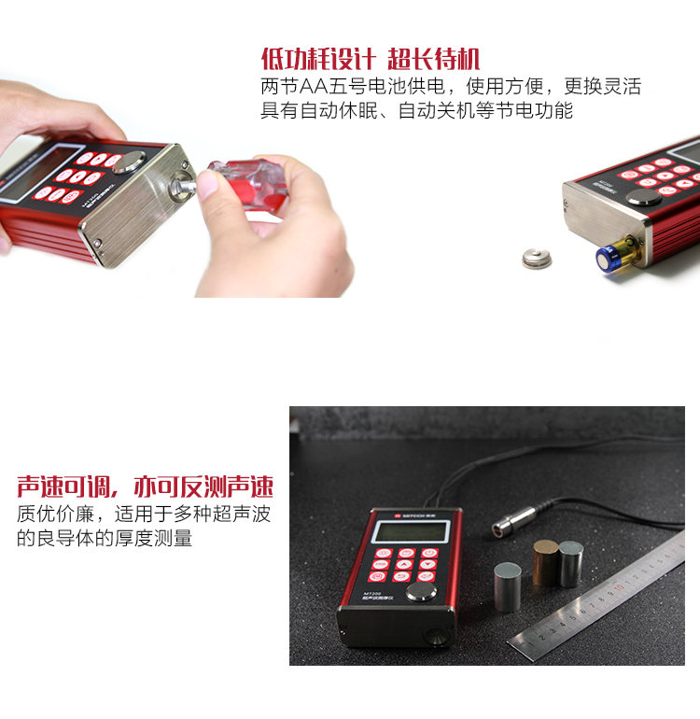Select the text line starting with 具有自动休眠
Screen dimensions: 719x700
click(x=415, y=111)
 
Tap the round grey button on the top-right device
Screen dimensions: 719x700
click(x=643, y=198)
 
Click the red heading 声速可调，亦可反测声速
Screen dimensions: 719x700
click(x=145, y=486)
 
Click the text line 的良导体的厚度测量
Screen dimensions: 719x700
click(x=105, y=539)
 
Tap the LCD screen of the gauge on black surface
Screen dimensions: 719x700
click(x=411, y=532)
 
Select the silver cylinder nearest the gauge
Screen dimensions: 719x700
click(x=507, y=586)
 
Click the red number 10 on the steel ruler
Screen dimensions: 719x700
click(x=617, y=589)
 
